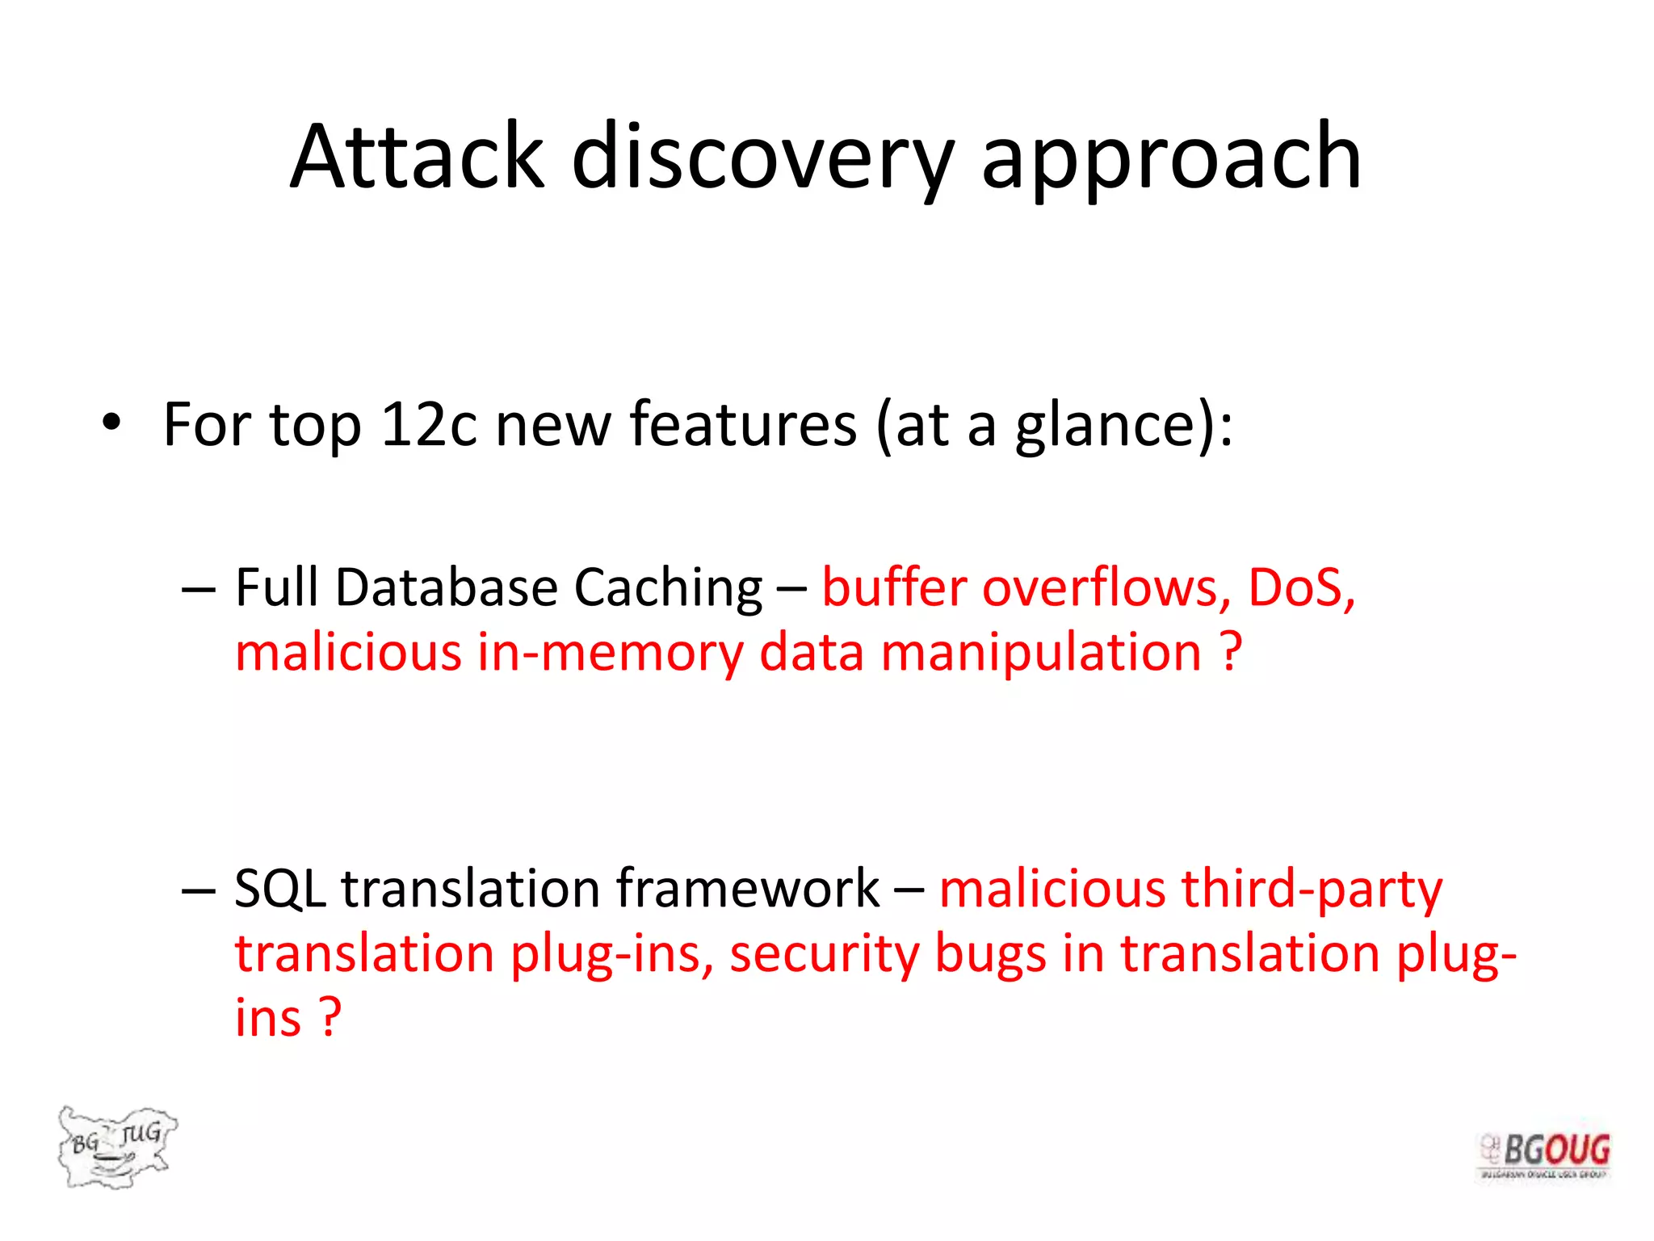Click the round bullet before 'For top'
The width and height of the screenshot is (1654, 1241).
click(111, 423)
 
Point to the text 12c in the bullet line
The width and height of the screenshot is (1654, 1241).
click(429, 424)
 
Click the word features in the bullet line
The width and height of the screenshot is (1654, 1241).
click(742, 424)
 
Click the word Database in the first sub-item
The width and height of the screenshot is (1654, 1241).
click(446, 587)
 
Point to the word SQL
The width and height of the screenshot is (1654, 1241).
click(279, 889)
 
